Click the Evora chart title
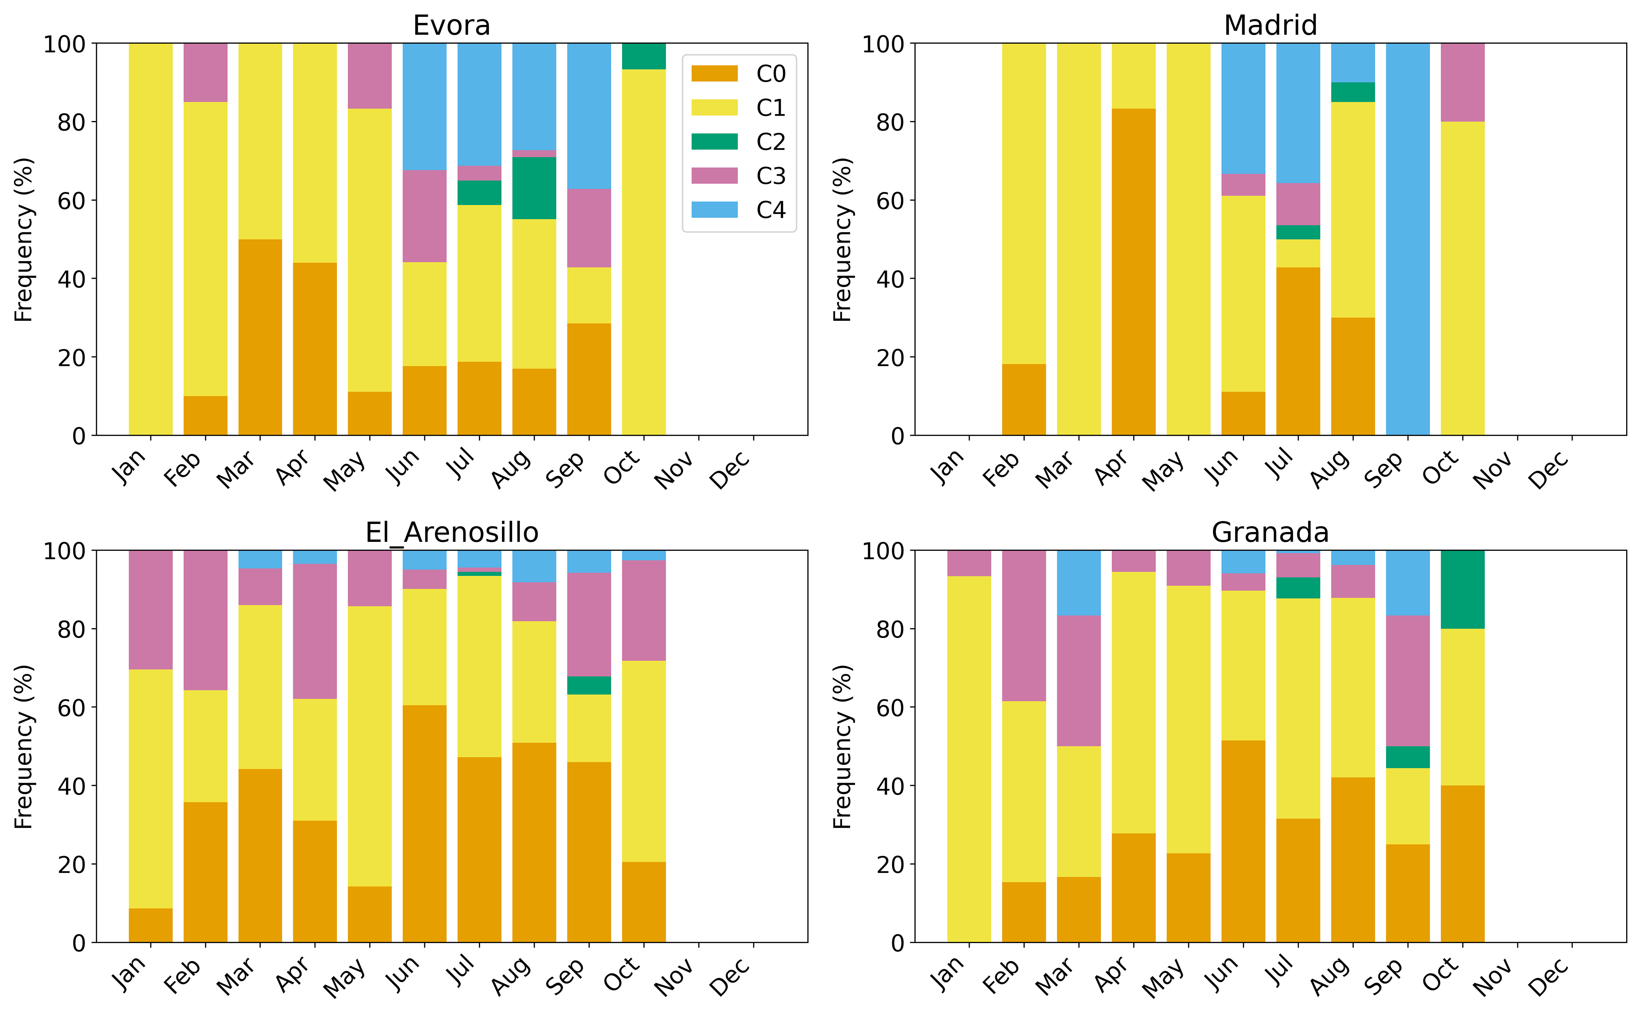(452, 25)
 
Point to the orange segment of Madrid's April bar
(1133, 271)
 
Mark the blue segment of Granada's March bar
(1079, 583)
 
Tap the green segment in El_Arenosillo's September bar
(589, 685)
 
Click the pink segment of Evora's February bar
(205, 72)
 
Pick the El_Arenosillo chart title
(452, 532)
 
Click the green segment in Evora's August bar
(534, 188)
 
